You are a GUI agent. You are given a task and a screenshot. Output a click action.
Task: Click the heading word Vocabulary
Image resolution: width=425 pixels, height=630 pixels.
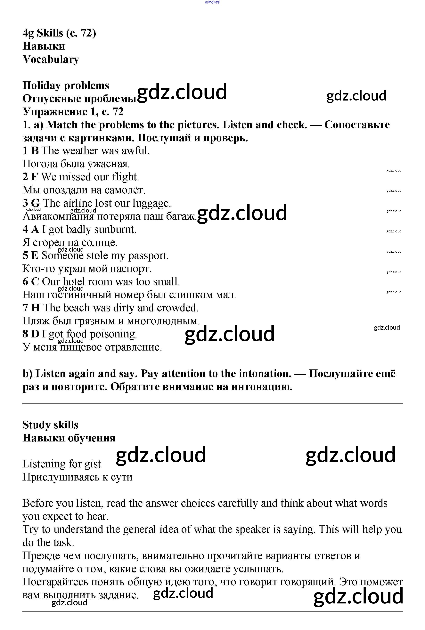[x=51, y=59]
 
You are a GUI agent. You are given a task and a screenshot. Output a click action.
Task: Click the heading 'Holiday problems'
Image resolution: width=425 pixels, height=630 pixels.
[x=66, y=85]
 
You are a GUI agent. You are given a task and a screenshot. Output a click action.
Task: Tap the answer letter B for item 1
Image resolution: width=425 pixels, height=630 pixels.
[x=35, y=151]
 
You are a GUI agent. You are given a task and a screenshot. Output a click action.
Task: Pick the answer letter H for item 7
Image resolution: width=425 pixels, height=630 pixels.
[x=36, y=308]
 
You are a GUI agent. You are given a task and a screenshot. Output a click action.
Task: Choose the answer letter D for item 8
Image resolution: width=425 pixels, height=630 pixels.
[x=35, y=334]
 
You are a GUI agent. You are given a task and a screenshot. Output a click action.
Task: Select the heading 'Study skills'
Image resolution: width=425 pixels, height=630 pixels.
[x=50, y=425]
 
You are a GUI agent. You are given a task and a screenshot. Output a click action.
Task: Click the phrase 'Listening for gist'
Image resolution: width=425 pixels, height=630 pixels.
[x=61, y=464]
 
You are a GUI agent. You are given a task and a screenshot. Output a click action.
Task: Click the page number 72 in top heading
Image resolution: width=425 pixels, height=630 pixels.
[x=86, y=33]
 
